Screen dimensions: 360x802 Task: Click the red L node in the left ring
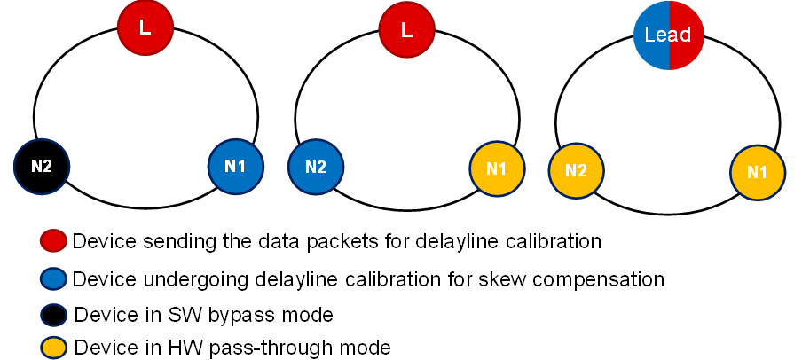(x=145, y=27)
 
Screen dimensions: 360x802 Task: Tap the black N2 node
(x=42, y=165)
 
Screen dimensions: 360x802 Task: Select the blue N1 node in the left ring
(x=236, y=165)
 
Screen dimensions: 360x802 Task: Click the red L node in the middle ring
(x=406, y=28)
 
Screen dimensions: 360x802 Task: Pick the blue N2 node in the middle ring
(x=316, y=166)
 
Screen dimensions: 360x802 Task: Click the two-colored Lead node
(x=669, y=35)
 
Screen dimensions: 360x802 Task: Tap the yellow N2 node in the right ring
(x=576, y=170)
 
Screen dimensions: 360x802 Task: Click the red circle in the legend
(x=54, y=241)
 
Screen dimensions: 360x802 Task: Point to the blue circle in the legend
(x=54, y=279)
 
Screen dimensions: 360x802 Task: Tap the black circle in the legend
(x=54, y=315)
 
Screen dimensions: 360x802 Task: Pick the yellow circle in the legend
(x=54, y=347)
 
